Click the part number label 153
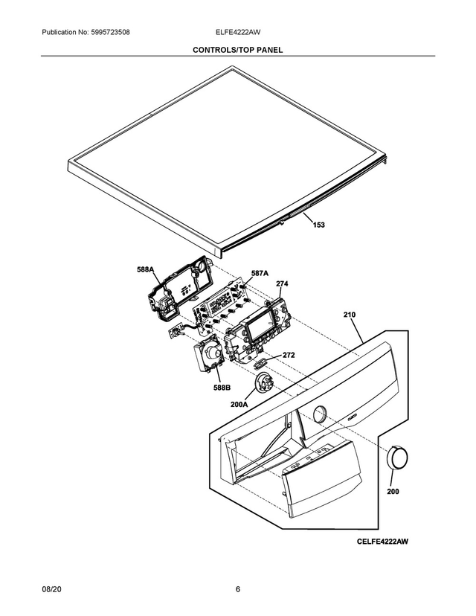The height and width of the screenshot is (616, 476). (318, 225)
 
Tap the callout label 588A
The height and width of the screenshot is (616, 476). (145, 269)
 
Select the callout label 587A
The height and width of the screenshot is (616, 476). (260, 273)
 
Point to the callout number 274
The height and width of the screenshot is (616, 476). (282, 283)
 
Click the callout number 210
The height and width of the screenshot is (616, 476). (350, 315)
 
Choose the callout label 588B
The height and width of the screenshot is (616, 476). (222, 388)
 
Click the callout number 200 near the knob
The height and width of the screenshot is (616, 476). (392, 492)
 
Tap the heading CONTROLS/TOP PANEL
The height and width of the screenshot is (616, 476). (237, 50)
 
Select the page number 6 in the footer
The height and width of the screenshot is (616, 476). (237, 590)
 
